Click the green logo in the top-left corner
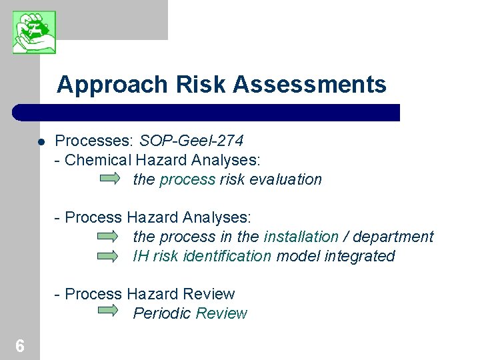tap(34, 32)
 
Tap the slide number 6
tap(20, 345)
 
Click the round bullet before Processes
tap(41, 142)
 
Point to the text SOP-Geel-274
tap(191, 141)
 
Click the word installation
tap(301, 237)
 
